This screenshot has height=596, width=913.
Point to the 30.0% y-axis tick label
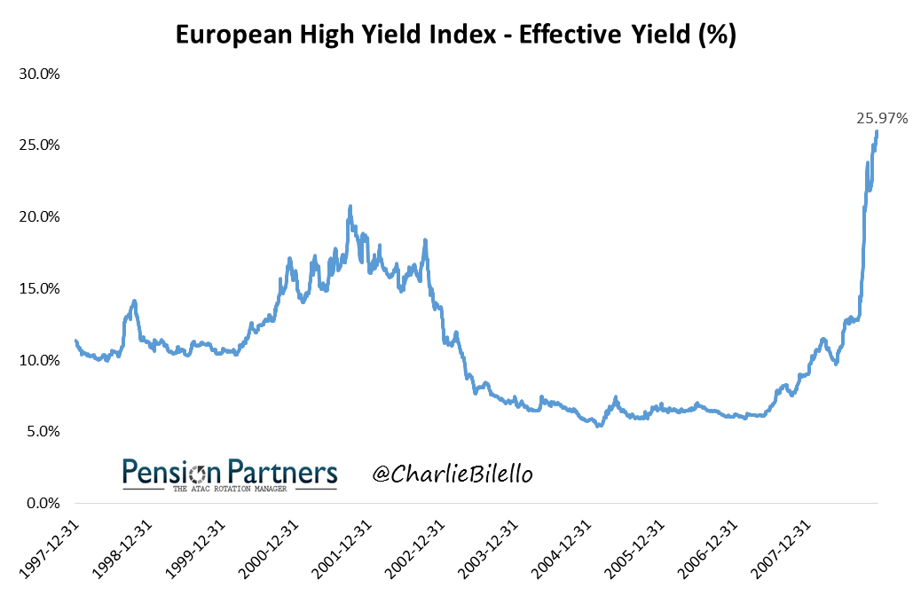point(39,74)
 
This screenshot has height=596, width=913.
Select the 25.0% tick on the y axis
point(39,145)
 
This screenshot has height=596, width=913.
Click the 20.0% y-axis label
point(39,216)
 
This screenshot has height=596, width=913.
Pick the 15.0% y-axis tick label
point(39,288)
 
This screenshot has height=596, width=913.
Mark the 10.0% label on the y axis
point(39,360)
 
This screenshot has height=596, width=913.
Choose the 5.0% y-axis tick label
point(42,432)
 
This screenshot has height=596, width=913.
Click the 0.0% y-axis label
point(42,503)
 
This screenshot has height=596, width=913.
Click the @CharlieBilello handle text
point(453,474)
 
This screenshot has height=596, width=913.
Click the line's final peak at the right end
point(877,132)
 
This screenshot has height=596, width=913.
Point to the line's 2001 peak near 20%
point(350,207)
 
